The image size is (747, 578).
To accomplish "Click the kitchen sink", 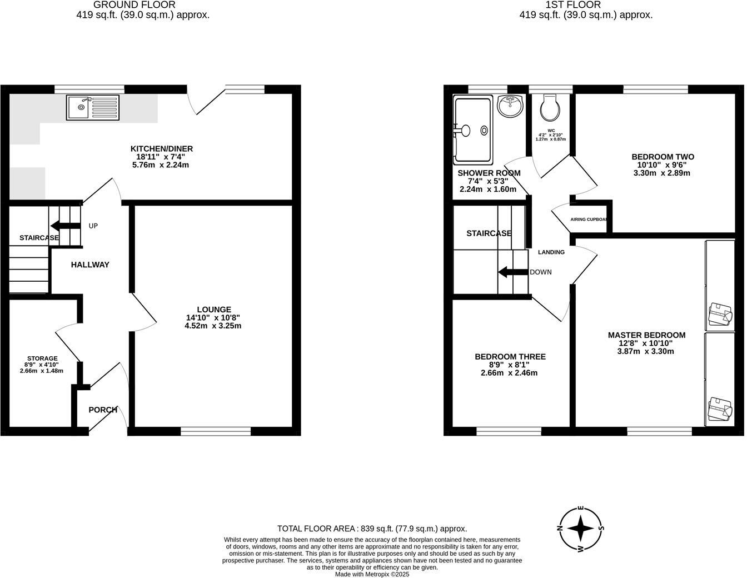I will click(x=92, y=108).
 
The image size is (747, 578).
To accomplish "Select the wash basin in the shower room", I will click(x=510, y=106).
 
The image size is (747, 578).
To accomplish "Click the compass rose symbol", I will click(x=581, y=529).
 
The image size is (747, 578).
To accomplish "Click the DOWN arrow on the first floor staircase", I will click(x=512, y=272).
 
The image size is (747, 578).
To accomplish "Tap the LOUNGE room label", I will click(x=213, y=310).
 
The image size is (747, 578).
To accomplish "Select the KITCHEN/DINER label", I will click(x=161, y=148).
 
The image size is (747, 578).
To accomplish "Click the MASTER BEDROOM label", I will click(x=646, y=335).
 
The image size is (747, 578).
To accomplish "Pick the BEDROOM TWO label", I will click(x=663, y=157).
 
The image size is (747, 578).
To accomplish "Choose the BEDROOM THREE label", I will click(x=510, y=357).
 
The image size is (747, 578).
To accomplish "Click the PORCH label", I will click(x=103, y=410).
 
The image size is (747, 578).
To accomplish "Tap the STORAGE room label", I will click(x=43, y=358).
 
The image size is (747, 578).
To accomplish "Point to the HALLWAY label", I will click(x=90, y=265).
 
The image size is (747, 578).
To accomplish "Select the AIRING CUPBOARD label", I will click(x=589, y=220).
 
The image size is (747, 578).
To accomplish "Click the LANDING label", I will click(x=551, y=252).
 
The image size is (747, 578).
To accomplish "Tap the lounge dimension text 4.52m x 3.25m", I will click(x=213, y=326).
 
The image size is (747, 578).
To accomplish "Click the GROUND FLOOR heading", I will click(x=142, y=4).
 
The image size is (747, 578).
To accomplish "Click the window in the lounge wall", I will click(x=216, y=431).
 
